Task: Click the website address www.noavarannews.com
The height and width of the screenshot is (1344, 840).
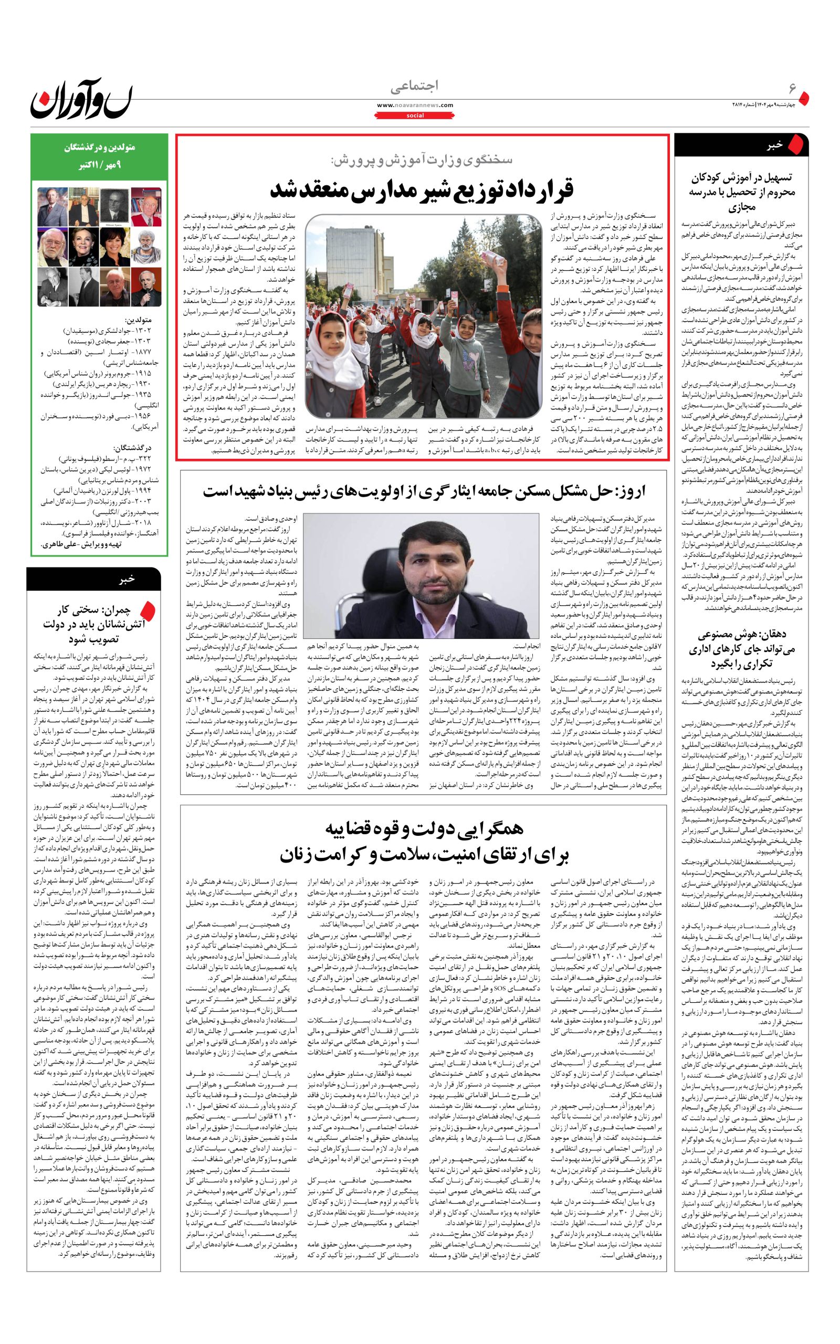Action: coord(414,105)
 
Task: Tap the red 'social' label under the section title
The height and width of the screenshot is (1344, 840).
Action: coord(414,115)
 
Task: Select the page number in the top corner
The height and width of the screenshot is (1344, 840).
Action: coord(793,89)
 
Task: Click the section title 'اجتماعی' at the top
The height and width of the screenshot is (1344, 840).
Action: coord(414,86)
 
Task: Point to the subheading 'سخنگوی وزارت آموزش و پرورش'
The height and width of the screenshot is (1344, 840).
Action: coord(422,160)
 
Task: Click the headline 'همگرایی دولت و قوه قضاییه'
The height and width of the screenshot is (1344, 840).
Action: coord(423,829)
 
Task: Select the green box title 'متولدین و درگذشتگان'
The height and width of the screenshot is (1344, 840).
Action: coord(99,148)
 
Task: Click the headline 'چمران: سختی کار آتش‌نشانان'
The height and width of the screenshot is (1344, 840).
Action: coord(93,624)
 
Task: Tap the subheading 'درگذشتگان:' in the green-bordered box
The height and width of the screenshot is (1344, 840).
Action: coord(132,448)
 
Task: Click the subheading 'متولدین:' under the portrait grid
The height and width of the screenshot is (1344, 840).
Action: coord(138,320)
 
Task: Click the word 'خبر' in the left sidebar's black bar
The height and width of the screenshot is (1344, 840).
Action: coord(127,579)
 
